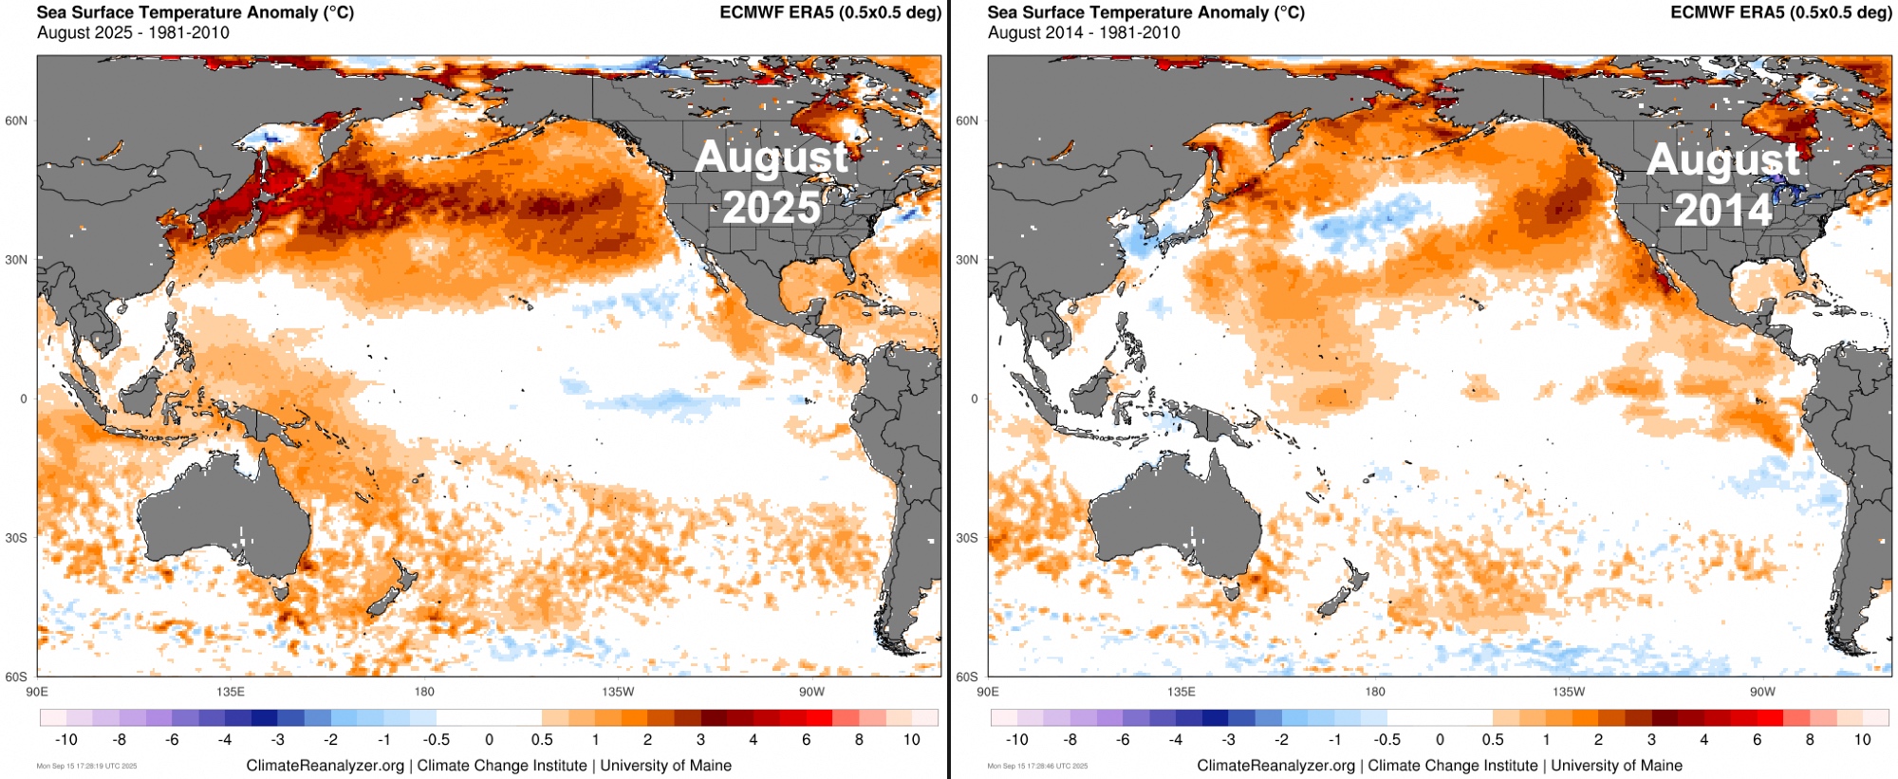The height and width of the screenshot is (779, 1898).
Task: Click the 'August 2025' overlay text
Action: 771,182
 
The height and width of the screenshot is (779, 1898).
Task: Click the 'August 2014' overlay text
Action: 1722,184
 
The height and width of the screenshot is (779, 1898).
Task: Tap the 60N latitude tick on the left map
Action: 16,121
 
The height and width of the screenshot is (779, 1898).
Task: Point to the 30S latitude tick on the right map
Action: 967,538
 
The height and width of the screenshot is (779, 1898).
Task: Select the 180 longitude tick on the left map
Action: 424,692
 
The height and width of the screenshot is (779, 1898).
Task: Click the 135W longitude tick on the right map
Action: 1569,692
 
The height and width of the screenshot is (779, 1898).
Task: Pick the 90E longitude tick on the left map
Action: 37,692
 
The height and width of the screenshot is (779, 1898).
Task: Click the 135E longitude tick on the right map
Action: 1182,692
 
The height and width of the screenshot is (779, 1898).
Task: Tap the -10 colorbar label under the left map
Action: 65,739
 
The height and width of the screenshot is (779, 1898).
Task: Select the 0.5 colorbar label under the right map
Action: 1493,739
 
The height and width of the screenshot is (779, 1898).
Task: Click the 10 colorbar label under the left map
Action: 911,739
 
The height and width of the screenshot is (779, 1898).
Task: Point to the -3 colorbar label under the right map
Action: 1229,739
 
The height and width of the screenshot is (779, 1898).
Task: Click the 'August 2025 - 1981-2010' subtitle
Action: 133,32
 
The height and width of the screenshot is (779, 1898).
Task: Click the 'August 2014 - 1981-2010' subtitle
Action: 1084,32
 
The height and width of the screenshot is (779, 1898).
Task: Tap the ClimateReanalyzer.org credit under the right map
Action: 1275,766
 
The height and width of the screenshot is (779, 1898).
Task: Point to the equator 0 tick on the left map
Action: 24,399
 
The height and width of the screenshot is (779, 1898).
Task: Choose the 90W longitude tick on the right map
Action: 1762,692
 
